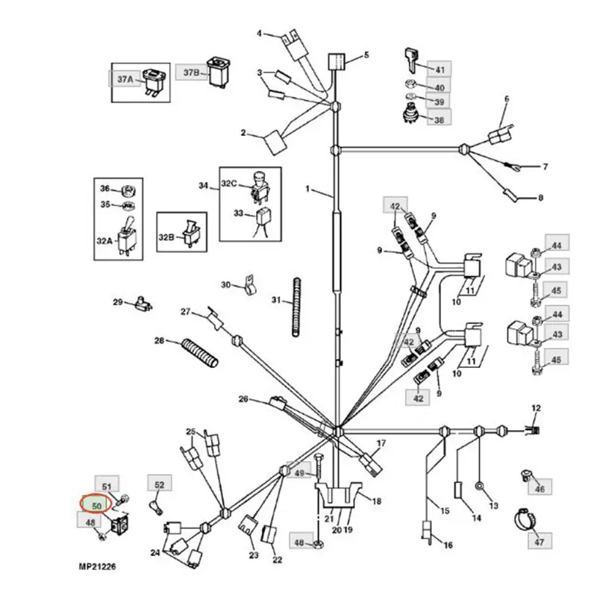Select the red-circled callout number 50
click(95, 505)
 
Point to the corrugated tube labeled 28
click(199, 351)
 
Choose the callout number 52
click(158, 485)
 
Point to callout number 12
click(535, 407)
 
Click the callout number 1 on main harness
click(307, 190)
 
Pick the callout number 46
click(540, 490)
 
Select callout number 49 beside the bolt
click(300, 474)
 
